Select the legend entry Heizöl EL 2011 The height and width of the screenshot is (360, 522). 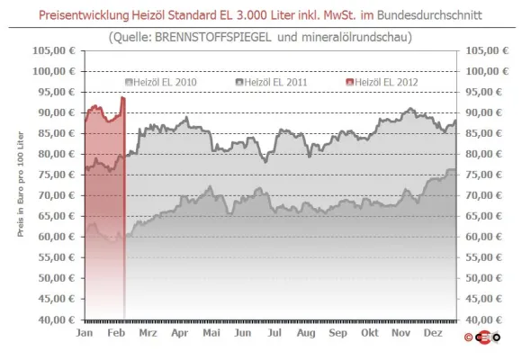pyautogui.click(x=275, y=82)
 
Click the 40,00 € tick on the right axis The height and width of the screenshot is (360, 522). pyautogui.click(x=481, y=319)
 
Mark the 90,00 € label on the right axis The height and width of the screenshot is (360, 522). pyautogui.click(x=481, y=112)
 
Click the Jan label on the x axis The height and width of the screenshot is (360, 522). pyautogui.click(x=85, y=333)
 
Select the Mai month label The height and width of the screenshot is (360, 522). pyautogui.click(x=211, y=333)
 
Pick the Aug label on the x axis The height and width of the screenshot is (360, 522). pyautogui.click(x=307, y=333)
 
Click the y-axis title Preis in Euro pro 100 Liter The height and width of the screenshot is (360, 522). pyautogui.click(x=20, y=184)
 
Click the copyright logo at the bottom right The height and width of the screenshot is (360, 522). pyautogui.click(x=482, y=339)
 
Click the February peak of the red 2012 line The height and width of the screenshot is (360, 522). pyautogui.click(x=121, y=97)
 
